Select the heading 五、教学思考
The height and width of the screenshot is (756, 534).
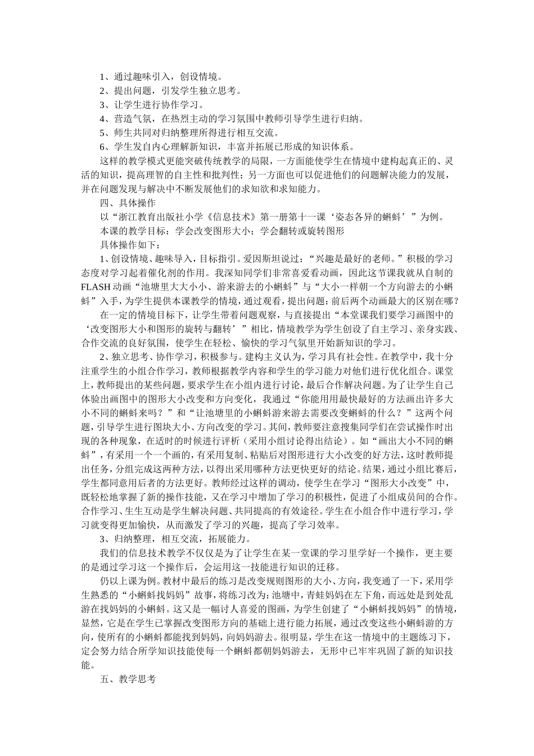(x=128, y=679)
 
